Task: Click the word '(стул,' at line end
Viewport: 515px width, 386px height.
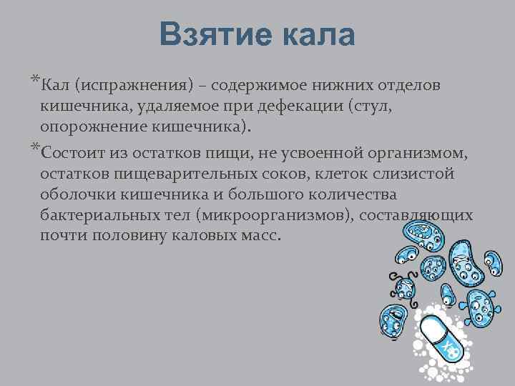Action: point(371,107)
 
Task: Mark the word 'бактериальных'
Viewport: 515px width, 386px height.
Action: point(98,215)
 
